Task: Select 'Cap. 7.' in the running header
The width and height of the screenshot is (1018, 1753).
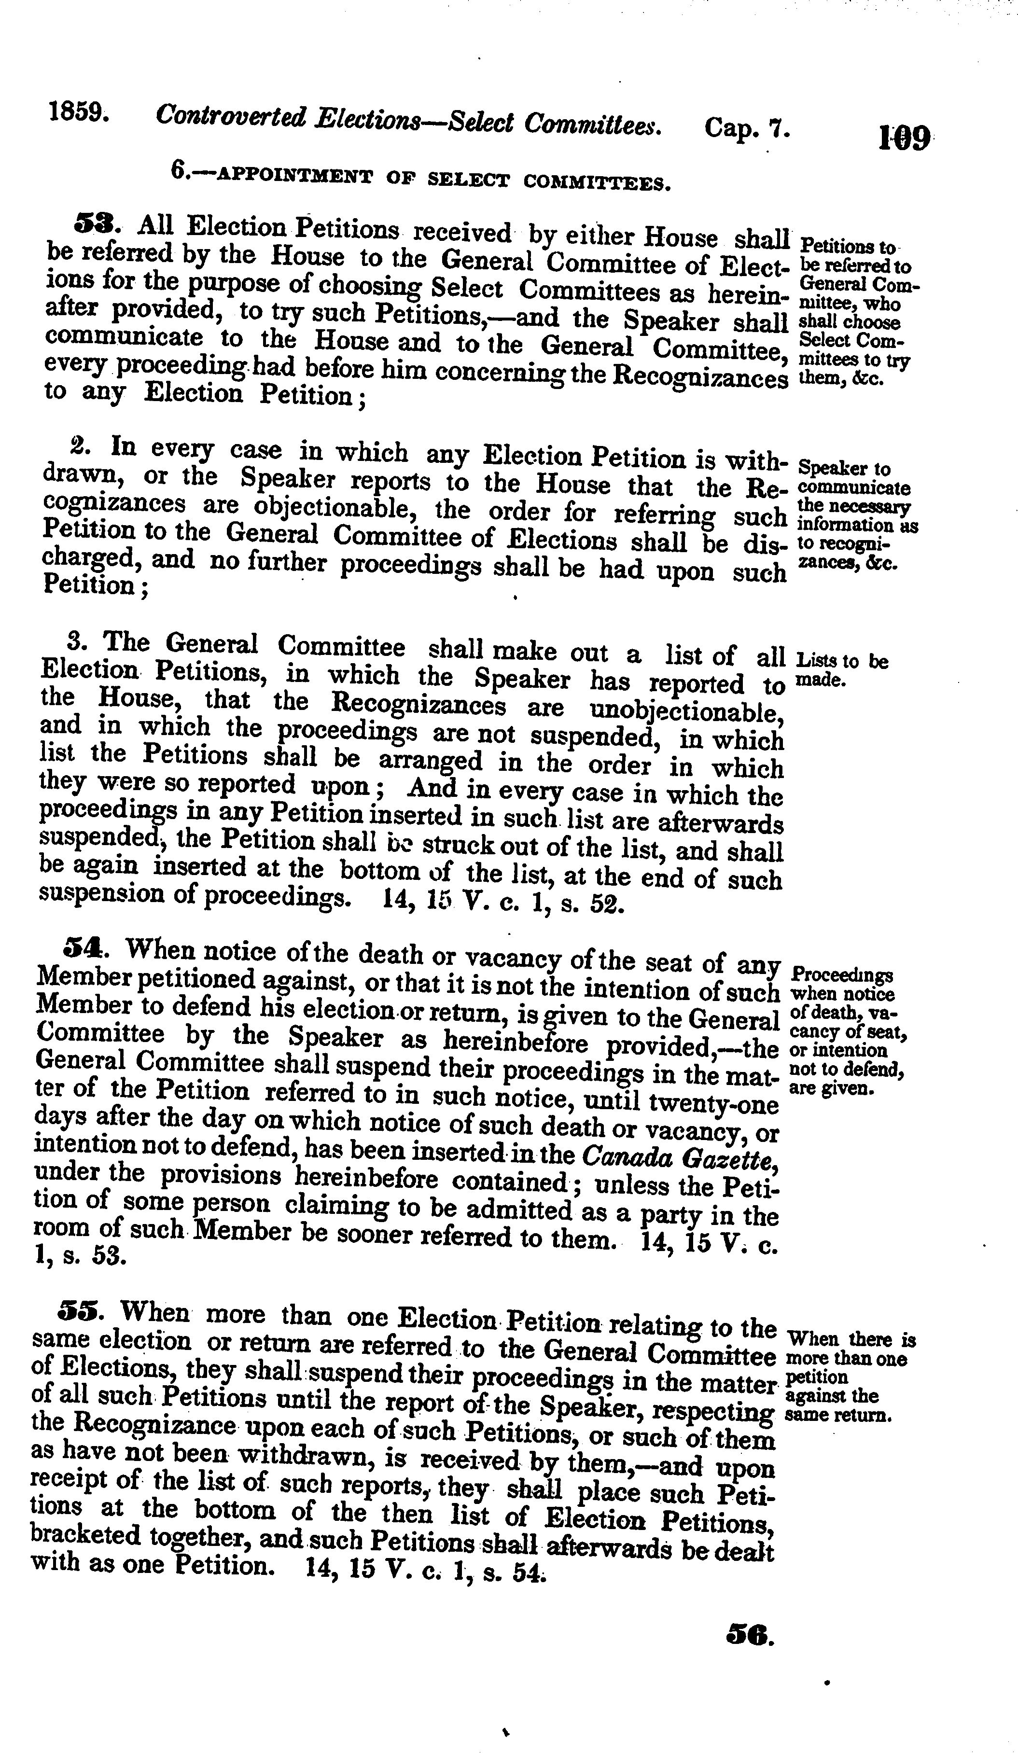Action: pos(746,128)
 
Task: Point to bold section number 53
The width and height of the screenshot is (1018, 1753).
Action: pos(98,224)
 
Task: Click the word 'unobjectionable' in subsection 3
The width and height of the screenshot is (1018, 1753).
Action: pos(685,711)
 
